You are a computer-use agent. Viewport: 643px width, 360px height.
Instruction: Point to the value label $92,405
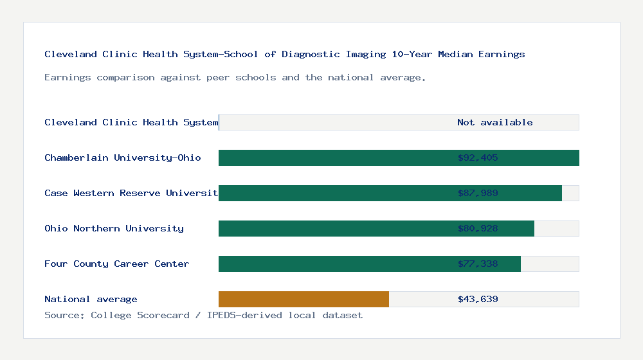pos(478,157)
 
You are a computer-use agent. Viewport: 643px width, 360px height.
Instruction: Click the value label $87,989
pos(478,193)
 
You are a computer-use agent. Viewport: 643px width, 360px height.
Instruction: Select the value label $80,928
pos(478,228)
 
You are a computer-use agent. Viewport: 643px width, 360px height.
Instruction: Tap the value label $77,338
pos(478,264)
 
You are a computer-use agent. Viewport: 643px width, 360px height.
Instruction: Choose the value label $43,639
pos(478,299)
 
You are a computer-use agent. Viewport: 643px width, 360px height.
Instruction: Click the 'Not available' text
pos(494,122)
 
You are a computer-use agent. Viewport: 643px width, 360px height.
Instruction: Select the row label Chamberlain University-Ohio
pos(123,157)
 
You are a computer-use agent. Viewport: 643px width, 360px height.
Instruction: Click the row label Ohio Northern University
pos(114,228)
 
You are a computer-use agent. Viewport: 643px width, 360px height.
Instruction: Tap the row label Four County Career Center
pos(117,264)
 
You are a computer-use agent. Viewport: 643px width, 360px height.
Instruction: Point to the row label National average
pos(91,299)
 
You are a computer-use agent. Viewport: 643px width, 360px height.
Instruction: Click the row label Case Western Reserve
pos(131,193)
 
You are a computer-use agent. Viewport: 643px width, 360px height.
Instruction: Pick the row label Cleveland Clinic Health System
pos(131,122)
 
